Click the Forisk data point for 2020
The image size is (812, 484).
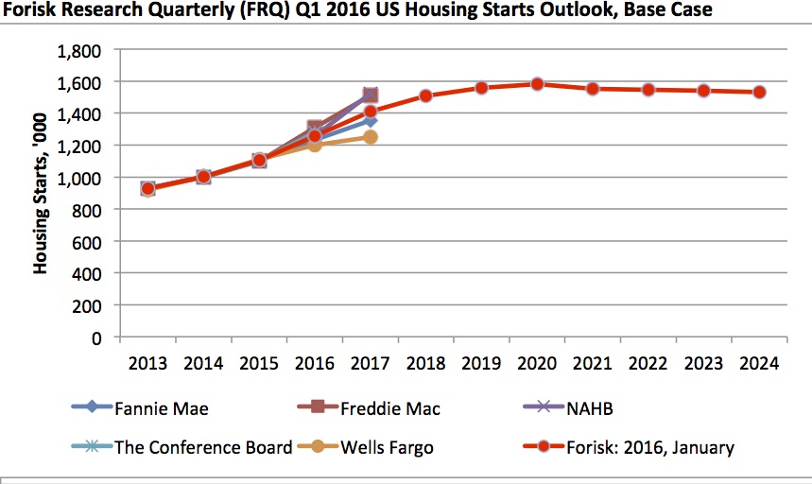pos(537,84)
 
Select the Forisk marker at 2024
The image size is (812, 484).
pos(759,92)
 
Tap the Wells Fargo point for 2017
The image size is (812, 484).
pos(371,137)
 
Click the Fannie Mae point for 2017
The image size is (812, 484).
pos(371,120)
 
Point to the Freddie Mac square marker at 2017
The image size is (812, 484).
pos(371,95)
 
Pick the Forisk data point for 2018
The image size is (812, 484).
pos(425,95)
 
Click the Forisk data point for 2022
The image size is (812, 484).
pos(648,90)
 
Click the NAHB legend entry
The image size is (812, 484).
pos(595,409)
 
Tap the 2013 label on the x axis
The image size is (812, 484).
pos(147,363)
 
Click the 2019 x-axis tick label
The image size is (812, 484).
pos(481,363)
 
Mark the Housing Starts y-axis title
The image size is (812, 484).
pos(41,194)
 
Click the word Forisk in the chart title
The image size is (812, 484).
pos(35,10)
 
